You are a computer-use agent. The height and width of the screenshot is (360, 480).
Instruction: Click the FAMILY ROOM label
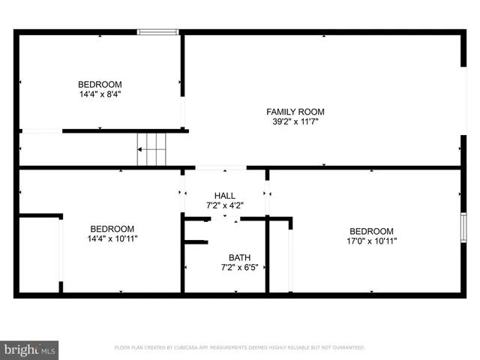point(295,112)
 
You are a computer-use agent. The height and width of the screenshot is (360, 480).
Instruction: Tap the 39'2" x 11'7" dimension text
point(295,121)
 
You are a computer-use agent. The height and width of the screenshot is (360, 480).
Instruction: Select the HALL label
point(224,195)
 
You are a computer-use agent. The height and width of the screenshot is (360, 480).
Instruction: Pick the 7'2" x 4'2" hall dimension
point(224,205)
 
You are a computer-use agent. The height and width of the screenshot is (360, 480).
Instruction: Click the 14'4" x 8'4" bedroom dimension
point(100,94)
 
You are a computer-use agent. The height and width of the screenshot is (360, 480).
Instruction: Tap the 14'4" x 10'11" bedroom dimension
point(112,238)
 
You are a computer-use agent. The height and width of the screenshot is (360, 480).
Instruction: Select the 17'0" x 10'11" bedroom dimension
point(370,241)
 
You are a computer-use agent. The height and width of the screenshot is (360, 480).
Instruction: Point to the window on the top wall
point(157,32)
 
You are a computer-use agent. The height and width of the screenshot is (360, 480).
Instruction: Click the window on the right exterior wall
point(463,227)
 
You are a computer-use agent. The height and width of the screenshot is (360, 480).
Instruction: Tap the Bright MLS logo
point(30,349)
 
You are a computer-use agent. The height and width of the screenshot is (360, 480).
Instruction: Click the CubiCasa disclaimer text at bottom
point(239,347)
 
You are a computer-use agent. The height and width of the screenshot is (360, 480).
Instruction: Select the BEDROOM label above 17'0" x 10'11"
point(370,231)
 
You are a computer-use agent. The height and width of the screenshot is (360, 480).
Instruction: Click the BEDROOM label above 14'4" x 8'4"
point(100,84)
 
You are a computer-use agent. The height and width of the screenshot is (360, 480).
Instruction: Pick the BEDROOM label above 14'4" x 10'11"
point(112,229)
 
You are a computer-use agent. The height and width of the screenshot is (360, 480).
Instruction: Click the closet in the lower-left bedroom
point(39,255)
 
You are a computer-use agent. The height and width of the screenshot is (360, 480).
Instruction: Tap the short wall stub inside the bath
point(196,242)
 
